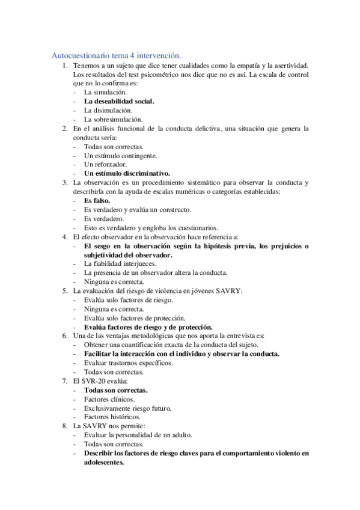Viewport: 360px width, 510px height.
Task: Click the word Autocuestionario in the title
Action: click(77, 55)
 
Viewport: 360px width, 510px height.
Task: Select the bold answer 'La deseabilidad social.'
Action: click(119, 102)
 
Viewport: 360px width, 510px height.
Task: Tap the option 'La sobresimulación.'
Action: click(113, 120)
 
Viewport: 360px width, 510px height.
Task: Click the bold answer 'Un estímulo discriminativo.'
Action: click(127, 173)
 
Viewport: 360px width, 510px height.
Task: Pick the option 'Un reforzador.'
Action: click(105, 164)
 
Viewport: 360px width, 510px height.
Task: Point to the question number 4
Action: click(65, 236)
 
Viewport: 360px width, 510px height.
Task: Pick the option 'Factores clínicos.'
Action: click(109, 399)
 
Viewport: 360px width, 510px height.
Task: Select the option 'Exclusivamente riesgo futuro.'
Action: click(127, 408)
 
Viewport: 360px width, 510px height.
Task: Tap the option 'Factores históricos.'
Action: click(112, 417)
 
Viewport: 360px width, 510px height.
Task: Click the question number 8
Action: click(65, 426)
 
